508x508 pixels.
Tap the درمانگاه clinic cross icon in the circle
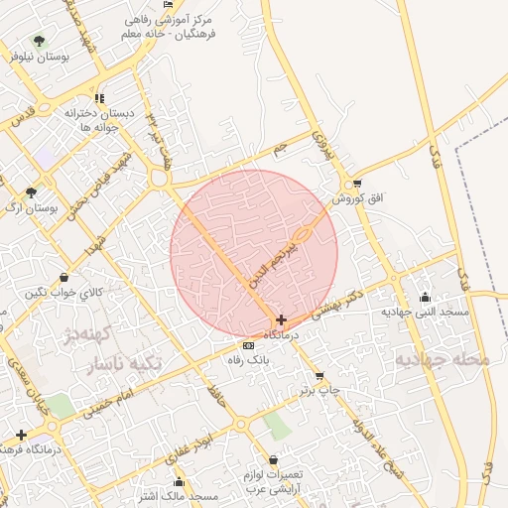283,320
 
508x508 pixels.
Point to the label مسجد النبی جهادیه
425,312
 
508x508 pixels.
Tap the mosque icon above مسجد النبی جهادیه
426,296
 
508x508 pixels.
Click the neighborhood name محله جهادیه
444,358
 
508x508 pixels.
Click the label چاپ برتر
320,390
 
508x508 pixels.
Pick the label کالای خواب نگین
63,292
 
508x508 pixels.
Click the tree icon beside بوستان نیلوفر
39,42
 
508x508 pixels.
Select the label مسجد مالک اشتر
180,495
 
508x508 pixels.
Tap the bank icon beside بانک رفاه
248,345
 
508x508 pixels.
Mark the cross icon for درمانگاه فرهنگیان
22,435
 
